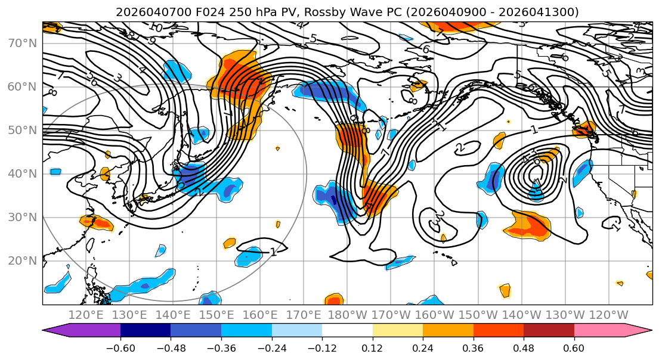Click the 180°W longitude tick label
tap(349, 315)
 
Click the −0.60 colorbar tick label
tap(120, 347)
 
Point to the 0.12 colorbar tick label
tap(373, 347)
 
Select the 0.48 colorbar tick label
tap(524, 347)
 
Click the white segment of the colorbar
tap(347, 331)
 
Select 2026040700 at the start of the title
tap(147, 12)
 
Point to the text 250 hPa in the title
tap(246, 12)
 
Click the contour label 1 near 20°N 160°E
tap(273, 252)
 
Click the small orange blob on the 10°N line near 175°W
tap(334, 300)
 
